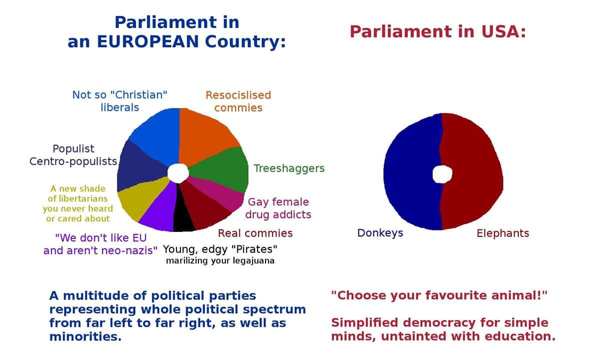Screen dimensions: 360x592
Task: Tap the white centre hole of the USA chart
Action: pos(442,174)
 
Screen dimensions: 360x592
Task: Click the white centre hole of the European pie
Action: pos(178,172)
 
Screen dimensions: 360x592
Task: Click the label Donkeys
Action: pos(380,233)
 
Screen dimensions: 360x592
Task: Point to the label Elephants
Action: pos(502,233)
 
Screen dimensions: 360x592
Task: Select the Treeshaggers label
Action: pos(289,168)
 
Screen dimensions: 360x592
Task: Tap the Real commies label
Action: pos(255,233)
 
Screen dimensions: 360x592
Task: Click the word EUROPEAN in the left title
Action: pos(146,41)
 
